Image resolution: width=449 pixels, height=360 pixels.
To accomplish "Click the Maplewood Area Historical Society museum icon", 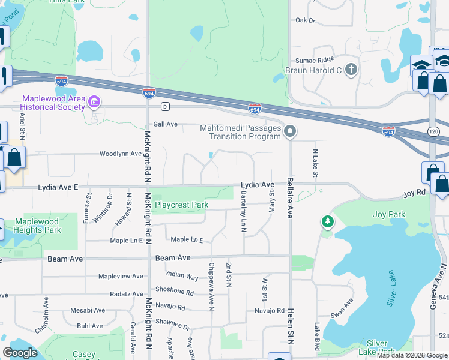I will pos(94,103).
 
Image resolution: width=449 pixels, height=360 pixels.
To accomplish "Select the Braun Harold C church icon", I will pos(351,70).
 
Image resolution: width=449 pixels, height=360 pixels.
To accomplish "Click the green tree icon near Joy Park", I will pos(328,223).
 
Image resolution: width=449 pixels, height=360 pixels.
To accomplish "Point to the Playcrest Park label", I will pos(181,205).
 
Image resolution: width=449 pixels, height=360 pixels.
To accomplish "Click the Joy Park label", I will pos(388,214).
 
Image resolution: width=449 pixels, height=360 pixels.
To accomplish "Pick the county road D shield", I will pos(164,106).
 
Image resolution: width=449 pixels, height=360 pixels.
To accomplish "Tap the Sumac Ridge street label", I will pos(313,61).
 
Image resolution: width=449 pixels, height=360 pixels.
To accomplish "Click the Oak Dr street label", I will pos(305,20).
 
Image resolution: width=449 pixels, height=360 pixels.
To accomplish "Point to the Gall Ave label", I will pos(166,124).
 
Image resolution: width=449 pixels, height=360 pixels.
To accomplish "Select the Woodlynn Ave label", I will pos(120,154).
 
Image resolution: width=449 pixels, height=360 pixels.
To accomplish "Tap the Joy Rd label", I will pos(414,193).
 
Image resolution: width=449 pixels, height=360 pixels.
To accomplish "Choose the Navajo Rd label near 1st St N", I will pos(268,311).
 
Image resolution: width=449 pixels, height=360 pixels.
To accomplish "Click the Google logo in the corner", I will pos(20,353).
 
